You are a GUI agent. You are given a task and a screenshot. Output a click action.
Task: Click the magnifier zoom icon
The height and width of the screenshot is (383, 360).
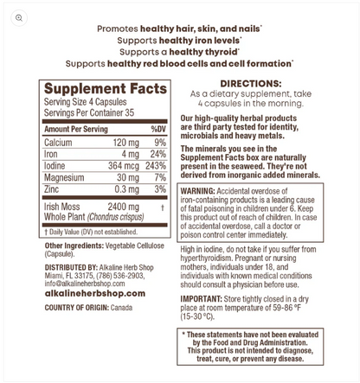click(x=18, y=17)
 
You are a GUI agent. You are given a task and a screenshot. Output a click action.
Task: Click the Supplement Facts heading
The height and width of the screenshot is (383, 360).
click(x=105, y=89)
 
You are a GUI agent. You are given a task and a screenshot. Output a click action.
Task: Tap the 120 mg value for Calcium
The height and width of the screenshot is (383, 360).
click(x=125, y=143)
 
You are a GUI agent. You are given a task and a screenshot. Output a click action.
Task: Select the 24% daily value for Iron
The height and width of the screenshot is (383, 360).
click(x=157, y=154)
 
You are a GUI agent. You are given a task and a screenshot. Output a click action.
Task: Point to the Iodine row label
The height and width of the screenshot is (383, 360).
click(x=56, y=166)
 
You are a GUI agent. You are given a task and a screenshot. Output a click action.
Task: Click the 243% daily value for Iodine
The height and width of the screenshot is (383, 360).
click(x=156, y=166)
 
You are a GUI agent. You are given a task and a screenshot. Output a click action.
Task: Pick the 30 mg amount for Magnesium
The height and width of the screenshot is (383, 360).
click(x=127, y=177)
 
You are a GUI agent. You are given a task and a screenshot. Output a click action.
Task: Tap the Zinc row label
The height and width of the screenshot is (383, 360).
click(x=53, y=189)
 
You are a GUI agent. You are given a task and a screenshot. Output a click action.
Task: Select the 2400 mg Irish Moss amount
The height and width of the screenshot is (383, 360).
click(x=123, y=207)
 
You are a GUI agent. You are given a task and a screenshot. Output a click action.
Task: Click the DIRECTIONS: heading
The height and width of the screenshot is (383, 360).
click(x=251, y=84)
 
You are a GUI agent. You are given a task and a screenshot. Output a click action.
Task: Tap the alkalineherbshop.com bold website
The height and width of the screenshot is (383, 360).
click(x=95, y=294)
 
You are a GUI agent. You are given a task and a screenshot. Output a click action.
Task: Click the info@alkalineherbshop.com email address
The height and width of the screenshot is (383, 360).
click(x=85, y=284)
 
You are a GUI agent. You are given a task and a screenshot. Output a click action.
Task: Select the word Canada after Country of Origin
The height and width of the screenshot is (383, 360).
click(x=121, y=308)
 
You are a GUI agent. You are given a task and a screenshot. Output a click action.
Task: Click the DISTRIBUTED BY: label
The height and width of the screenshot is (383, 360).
click(x=71, y=267)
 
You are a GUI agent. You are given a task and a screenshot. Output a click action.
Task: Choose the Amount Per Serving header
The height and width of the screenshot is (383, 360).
click(x=76, y=129)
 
